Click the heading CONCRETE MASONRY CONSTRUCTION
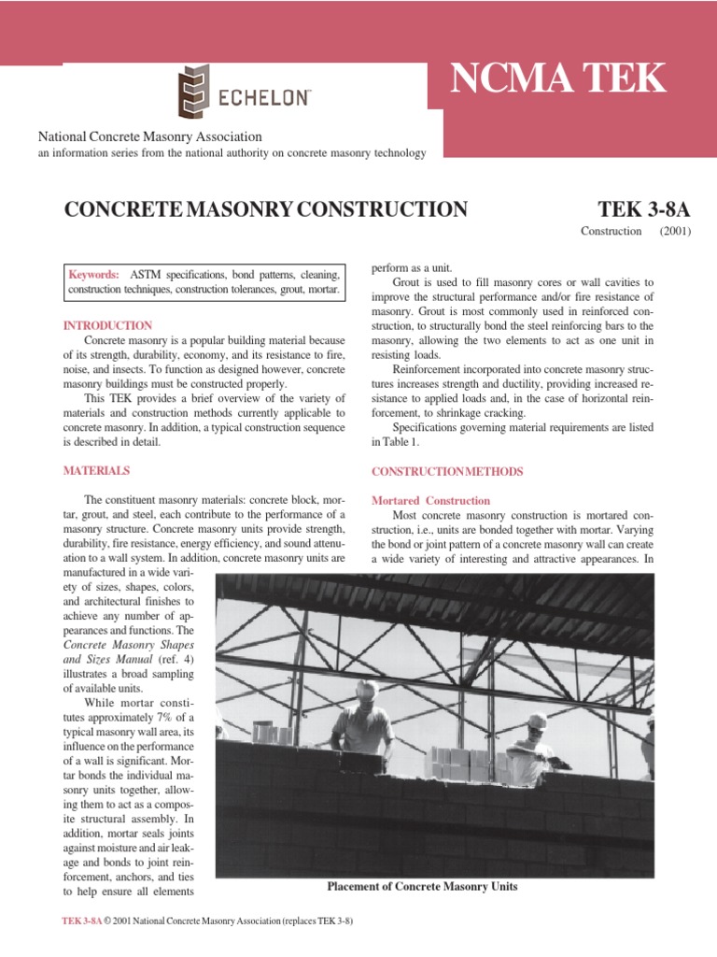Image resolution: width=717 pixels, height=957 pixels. tap(265, 208)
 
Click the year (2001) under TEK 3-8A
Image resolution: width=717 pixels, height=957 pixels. tap(674, 231)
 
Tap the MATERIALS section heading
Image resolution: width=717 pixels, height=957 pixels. tap(96, 470)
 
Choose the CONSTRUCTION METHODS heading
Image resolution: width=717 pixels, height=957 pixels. tap(447, 471)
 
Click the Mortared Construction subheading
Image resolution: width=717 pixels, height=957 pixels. tap(430, 501)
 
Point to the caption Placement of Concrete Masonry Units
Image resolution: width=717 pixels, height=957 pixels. tap(422, 886)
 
